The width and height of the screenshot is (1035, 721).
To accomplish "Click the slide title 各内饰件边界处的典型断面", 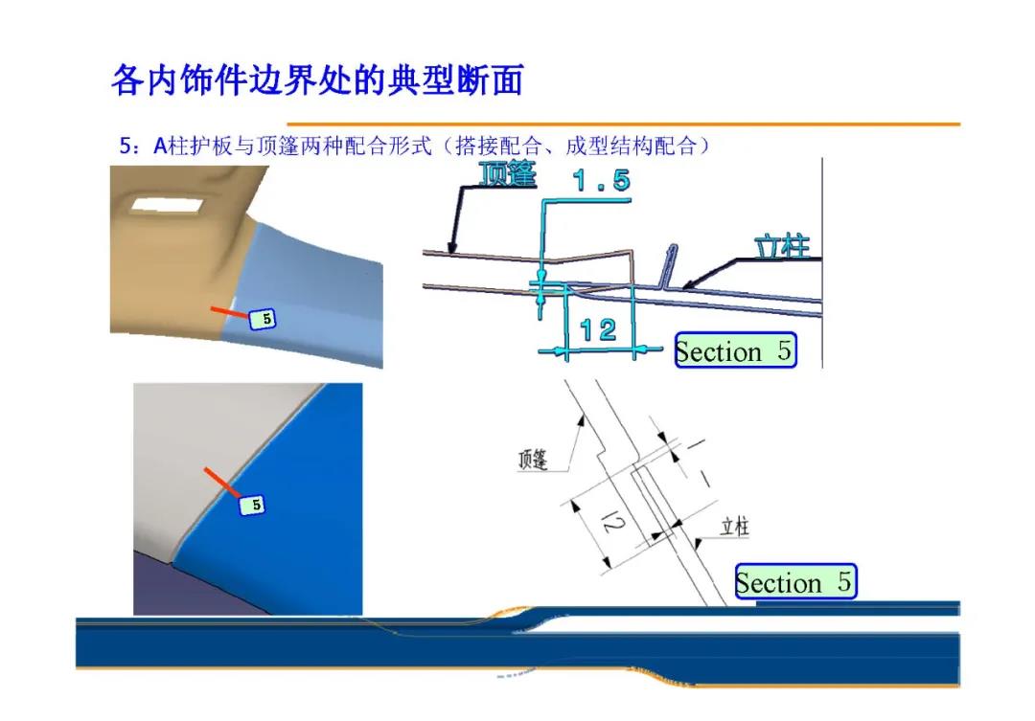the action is (317, 80).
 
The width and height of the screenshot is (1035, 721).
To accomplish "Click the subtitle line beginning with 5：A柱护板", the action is (415, 146).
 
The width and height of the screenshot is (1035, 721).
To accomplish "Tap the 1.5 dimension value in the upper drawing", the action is (601, 180).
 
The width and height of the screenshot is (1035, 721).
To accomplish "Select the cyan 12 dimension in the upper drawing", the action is (598, 329).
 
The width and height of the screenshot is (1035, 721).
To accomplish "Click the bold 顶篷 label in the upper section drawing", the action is (508, 174).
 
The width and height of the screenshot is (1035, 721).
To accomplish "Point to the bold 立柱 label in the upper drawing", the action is (782, 247).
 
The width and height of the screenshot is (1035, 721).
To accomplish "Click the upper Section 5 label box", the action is (735, 349).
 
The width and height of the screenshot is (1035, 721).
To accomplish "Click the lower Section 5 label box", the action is (795, 582).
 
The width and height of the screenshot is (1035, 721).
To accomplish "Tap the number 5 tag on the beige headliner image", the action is (263, 319).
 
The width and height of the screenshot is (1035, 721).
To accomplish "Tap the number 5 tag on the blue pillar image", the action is (252, 506).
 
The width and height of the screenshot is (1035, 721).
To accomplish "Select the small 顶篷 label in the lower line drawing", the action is (533, 459).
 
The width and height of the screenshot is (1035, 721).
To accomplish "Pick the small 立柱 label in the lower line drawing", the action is (735, 527).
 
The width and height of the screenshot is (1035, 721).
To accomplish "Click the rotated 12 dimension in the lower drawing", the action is (612, 523).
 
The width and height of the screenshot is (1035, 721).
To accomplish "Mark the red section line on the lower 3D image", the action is (222, 483).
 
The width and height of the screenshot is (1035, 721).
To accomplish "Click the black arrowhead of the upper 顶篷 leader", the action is (452, 247).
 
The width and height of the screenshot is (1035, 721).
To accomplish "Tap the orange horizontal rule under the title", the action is (623, 124).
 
